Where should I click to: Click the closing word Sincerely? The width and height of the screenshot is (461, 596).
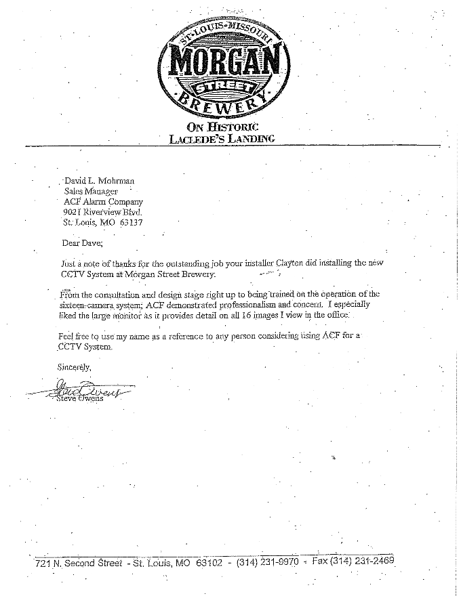tap(75, 366)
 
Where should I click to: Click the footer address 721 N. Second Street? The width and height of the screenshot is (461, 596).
tap(79, 563)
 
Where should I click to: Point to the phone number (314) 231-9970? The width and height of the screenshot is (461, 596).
tap(267, 562)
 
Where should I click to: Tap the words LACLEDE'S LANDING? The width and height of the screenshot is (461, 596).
tap(222, 139)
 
